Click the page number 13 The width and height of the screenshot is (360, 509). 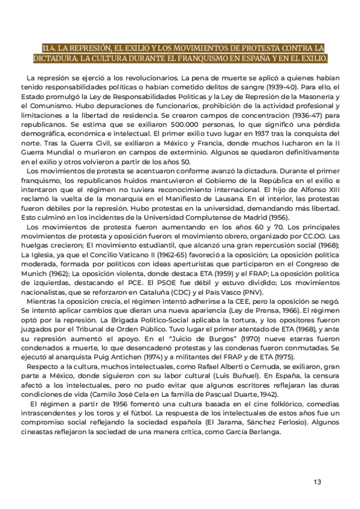pyautogui.click(x=317, y=482)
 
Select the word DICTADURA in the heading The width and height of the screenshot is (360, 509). pyautogui.click(x=56, y=59)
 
